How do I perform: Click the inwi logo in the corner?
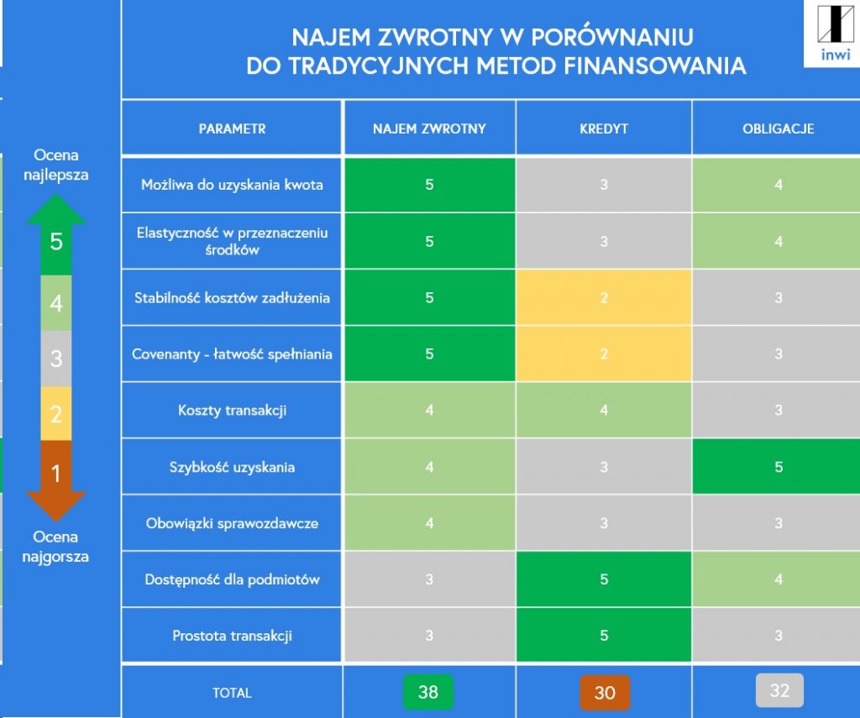[x=833, y=34]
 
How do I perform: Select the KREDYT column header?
[x=604, y=128]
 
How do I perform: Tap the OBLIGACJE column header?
[x=779, y=128]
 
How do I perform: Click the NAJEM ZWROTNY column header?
[x=429, y=128]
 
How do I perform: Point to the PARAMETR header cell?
[x=232, y=128]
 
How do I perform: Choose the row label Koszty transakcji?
[x=232, y=411]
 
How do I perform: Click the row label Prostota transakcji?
[x=232, y=636]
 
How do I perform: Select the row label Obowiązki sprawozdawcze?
[x=232, y=523]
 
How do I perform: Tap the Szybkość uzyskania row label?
[x=232, y=467]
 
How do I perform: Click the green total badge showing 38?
[x=428, y=692]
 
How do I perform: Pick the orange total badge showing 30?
[x=605, y=693]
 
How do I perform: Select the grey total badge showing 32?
[x=779, y=690]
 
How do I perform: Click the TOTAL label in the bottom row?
[x=232, y=693]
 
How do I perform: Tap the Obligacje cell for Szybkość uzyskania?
[x=779, y=467]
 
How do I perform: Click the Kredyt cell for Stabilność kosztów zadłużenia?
[x=604, y=298]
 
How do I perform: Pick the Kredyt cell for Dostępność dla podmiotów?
[x=604, y=579]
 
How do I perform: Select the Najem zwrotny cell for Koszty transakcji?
[x=429, y=411]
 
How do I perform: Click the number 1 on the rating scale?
[x=56, y=474]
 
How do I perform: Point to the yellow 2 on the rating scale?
[x=56, y=413]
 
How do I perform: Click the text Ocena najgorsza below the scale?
[x=56, y=546]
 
